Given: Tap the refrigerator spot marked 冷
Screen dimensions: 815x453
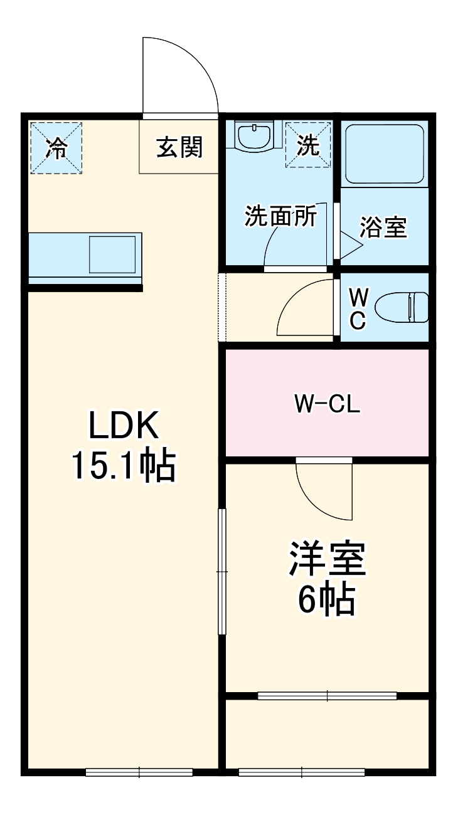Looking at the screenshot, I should point(56,148).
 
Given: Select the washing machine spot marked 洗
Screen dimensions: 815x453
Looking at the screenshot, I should point(307,145).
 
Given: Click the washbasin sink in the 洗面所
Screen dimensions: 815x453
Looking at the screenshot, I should point(254,136).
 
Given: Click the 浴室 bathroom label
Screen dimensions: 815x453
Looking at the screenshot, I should point(383,228).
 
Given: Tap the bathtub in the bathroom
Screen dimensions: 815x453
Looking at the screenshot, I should point(385,154).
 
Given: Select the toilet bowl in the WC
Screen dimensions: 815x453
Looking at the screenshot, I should point(402,307).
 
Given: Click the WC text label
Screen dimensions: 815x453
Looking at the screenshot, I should point(357,307).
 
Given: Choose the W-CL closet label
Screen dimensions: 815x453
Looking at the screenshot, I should point(327,404).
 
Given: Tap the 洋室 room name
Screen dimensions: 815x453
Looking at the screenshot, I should point(327,559).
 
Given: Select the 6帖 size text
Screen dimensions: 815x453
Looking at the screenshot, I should point(327,600).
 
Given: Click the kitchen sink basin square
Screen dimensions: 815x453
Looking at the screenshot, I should point(112,255).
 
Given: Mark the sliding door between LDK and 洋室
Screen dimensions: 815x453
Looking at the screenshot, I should point(221,572).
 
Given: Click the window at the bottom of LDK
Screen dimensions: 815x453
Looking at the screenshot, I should point(139,772).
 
